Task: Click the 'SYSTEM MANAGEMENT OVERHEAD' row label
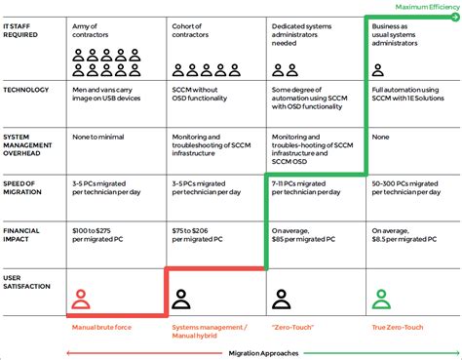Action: click(28, 145)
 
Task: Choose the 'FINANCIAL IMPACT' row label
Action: click(23, 235)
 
